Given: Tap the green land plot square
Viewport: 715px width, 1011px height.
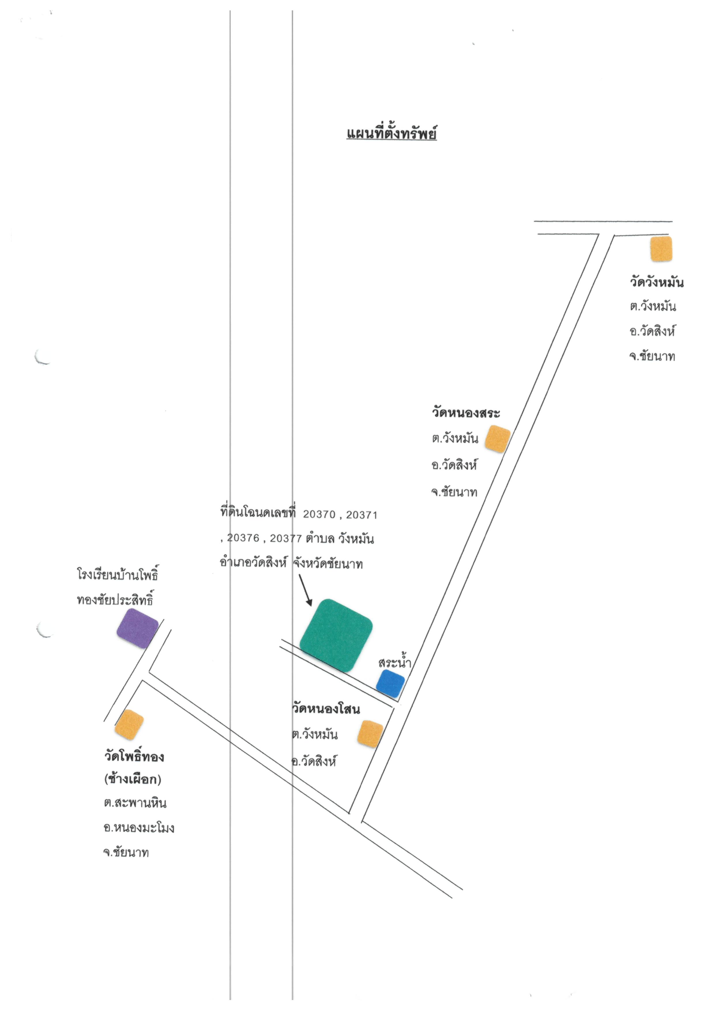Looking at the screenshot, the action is pyautogui.click(x=336, y=635).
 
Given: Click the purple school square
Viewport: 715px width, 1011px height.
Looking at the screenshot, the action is pyautogui.click(x=137, y=628).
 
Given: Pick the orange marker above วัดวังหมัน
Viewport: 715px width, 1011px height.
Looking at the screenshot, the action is pyautogui.click(x=661, y=249).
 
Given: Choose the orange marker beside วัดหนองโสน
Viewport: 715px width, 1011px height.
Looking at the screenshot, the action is pyautogui.click(x=370, y=734).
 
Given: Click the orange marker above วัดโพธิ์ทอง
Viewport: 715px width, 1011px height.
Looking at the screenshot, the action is pyautogui.click(x=129, y=724).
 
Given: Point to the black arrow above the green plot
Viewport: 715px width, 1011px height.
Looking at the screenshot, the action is pyautogui.click(x=306, y=590).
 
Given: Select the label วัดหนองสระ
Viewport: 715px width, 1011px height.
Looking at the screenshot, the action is pyautogui.click(x=465, y=413).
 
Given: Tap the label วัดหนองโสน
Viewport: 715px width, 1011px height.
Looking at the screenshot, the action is pyautogui.click(x=326, y=709).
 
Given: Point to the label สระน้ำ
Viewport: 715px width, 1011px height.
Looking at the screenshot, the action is pyautogui.click(x=394, y=662).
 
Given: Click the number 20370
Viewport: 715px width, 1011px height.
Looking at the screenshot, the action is pyautogui.click(x=319, y=514).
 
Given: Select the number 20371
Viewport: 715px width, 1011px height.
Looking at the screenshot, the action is pyautogui.click(x=362, y=514).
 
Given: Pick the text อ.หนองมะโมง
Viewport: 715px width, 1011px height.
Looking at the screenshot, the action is pyautogui.click(x=139, y=827).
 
